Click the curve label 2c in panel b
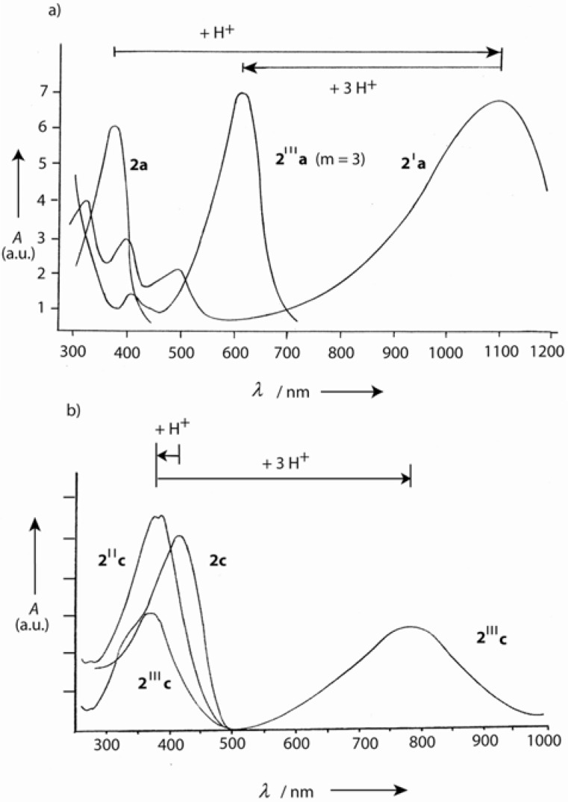coord(217,560)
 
